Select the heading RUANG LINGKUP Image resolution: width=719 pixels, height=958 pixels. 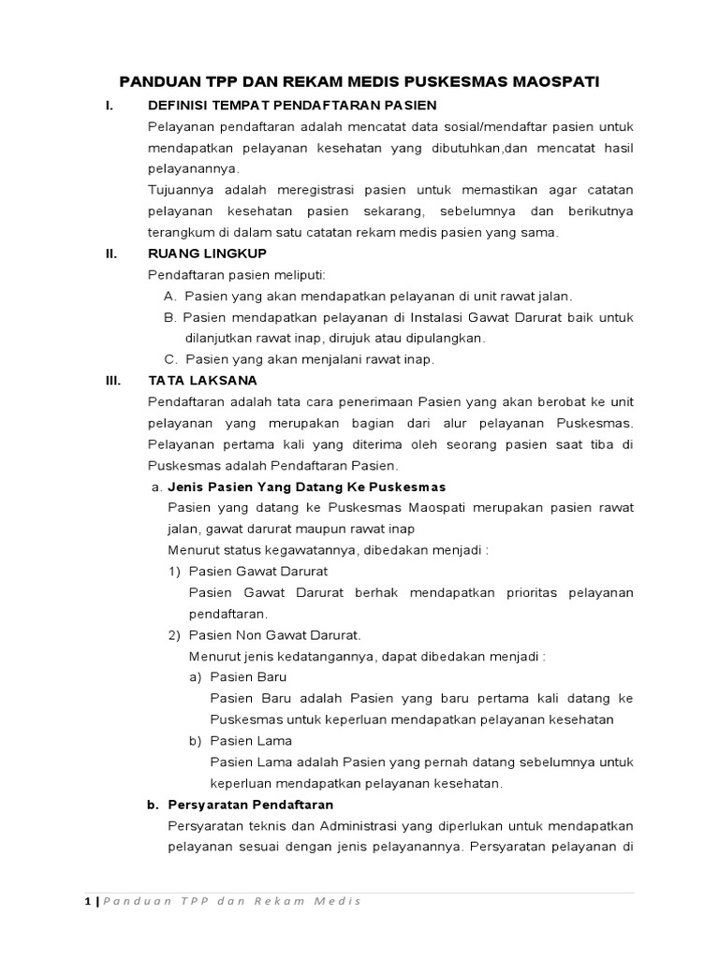tap(207, 253)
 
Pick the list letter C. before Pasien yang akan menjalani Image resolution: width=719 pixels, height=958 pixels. tap(171, 359)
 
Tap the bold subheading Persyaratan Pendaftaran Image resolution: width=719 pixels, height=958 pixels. tap(250, 805)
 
